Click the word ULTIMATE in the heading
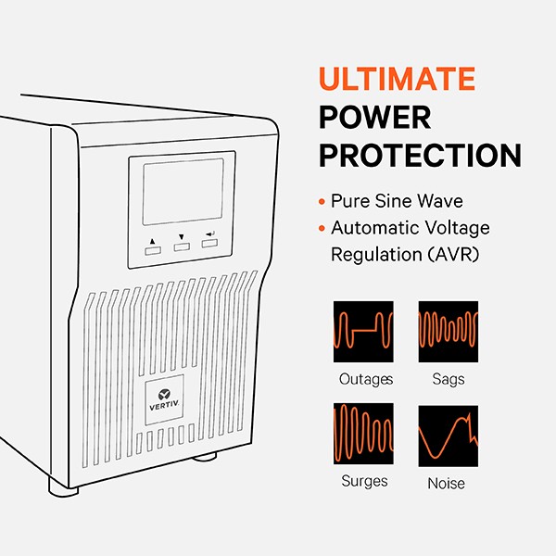tap(397, 79)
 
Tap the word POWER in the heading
tap(375, 118)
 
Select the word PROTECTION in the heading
tap(420, 156)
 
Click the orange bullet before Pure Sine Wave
tap(322, 202)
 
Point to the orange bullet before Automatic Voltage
tap(322, 228)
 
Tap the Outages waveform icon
tap(363, 332)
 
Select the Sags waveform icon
tap(449, 332)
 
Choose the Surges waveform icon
tap(363, 434)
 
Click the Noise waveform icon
tap(449, 436)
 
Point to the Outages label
tap(366, 379)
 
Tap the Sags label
tap(449, 379)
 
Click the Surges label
tap(364, 481)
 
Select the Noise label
tap(446, 484)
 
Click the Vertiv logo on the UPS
tap(164, 399)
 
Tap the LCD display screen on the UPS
tap(183, 192)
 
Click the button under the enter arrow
tap(209, 243)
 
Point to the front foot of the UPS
tap(63, 487)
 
